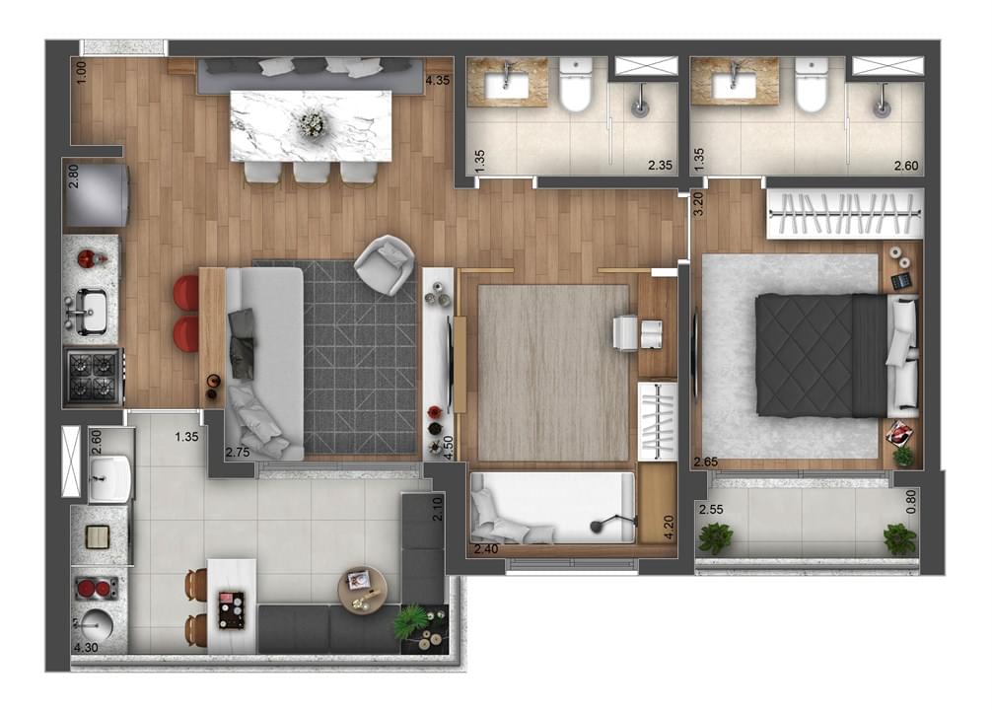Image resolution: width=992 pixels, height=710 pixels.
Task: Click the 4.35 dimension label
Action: (x=438, y=80)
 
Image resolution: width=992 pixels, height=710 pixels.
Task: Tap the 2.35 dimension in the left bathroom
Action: (x=660, y=165)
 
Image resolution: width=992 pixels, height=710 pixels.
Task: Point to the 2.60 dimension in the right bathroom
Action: (x=906, y=166)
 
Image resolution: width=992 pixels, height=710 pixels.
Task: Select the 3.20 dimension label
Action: (x=698, y=204)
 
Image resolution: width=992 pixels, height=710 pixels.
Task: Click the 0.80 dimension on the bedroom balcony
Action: (x=911, y=502)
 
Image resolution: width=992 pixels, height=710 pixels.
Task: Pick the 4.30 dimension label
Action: (x=86, y=647)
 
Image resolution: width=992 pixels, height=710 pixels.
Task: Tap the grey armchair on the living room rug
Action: (x=385, y=264)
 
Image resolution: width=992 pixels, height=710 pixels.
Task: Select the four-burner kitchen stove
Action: (x=93, y=377)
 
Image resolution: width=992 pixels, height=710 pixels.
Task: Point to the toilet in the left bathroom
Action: (x=576, y=85)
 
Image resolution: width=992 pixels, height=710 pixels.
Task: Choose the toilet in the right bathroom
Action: (x=812, y=85)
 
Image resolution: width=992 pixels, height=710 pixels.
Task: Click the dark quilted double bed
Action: (x=821, y=356)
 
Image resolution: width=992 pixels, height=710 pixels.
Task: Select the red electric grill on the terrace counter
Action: (x=97, y=589)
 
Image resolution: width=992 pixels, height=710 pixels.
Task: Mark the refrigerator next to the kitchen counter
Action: (x=97, y=195)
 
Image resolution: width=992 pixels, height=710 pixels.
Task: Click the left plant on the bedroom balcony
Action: (x=715, y=537)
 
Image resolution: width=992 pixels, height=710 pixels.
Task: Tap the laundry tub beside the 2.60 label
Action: (x=110, y=477)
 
